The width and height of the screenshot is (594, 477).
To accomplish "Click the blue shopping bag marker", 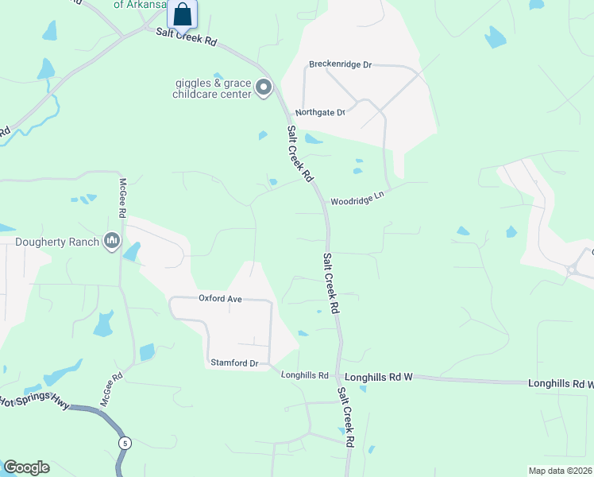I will point(183,14).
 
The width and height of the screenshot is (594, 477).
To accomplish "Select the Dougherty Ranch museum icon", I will point(111,241).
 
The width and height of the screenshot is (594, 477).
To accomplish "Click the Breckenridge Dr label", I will point(340,64).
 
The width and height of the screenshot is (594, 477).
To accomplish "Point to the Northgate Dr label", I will point(320,113).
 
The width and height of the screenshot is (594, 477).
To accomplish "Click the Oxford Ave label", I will point(219,299).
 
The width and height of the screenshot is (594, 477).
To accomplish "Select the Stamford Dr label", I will point(234,363).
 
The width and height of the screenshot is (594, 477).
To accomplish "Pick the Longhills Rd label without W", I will point(304,375).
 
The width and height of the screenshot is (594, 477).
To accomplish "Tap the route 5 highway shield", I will point(124,442).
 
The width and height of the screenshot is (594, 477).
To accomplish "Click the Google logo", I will point(26,467).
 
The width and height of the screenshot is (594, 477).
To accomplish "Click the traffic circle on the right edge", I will point(573,270).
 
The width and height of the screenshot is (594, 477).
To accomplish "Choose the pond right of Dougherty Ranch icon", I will point(132,252).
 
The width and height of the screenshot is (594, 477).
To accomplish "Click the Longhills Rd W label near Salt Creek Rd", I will point(379,376).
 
